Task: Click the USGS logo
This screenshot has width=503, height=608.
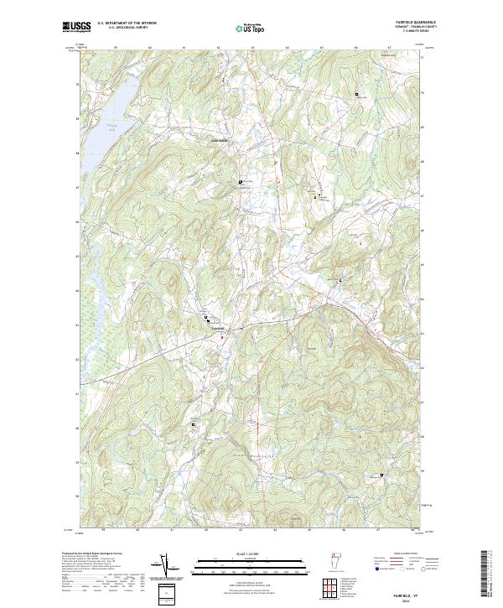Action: point(76,27)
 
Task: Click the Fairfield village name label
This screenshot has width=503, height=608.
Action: point(217,327)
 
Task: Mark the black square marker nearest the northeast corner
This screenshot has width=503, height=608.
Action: point(356,94)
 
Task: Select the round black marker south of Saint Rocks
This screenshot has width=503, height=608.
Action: point(241,181)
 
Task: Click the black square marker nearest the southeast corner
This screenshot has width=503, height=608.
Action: point(382,475)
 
